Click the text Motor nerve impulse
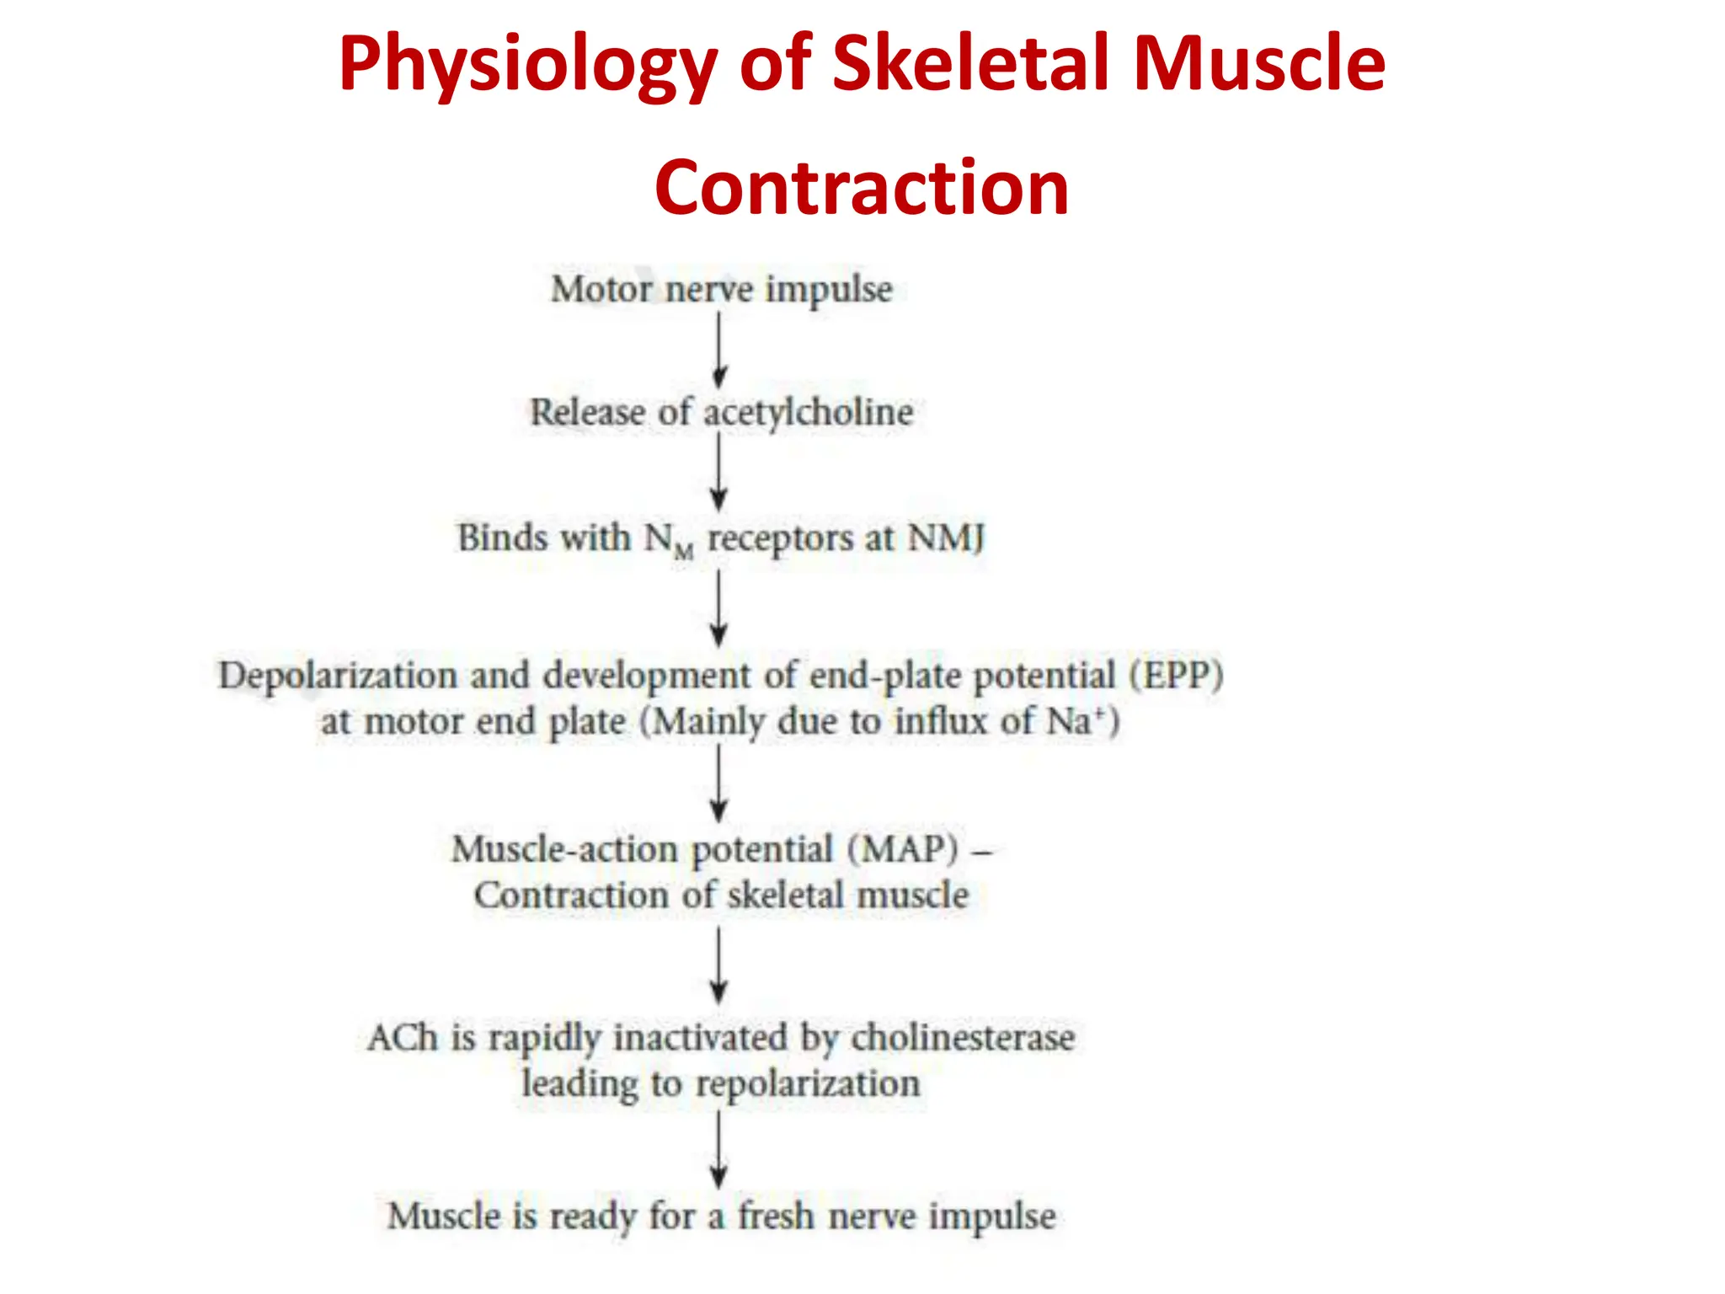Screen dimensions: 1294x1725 [x=722, y=289]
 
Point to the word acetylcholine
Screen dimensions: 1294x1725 [x=808, y=413]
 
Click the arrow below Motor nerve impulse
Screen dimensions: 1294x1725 [x=718, y=350]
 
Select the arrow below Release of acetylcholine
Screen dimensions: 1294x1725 [x=718, y=473]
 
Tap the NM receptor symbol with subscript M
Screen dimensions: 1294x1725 [x=670, y=540]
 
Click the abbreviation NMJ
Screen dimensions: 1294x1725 [x=946, y=537]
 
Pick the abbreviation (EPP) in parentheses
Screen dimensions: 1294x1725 [x=1176, y=676]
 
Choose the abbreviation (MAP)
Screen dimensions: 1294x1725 [x=902, y=849]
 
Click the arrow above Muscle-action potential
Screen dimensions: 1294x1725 [x=718, y=784]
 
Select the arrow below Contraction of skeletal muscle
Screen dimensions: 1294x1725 [x=718, y=965]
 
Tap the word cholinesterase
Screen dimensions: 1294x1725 [x=963, y=1038]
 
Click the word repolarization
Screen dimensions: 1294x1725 [x=807, y=1084]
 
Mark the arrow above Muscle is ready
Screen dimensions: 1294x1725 [x=718, y=1149]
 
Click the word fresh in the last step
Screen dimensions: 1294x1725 [x=776, y=1216]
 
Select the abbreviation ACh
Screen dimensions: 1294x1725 [x=403, y=1038]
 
